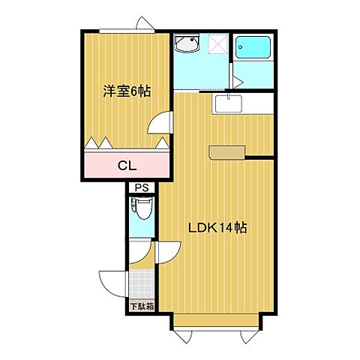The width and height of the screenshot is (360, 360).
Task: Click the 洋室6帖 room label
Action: click(127, 91)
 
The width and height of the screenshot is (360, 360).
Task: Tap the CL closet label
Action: click(127, 166)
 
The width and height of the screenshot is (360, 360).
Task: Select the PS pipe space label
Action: click(141, 188)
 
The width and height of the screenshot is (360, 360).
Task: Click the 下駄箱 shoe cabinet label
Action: click(141, 306)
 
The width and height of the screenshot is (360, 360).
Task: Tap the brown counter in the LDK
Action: click(223, 152)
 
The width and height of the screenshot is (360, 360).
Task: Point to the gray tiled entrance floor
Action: click(142, 284)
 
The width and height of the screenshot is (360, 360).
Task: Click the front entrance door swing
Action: click(112, 283)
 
